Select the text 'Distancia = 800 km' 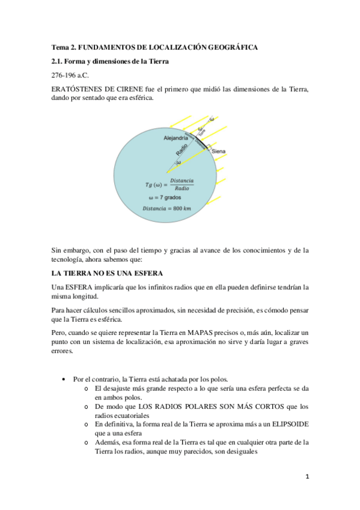pos(168,209)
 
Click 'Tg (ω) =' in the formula pos(155,184)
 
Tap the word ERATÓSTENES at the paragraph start pos(78,90)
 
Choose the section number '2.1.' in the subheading pos(58,61)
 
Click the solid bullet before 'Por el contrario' pos(64,379)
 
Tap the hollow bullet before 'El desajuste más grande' pos(88,389)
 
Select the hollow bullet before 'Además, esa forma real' pos(88,442)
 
